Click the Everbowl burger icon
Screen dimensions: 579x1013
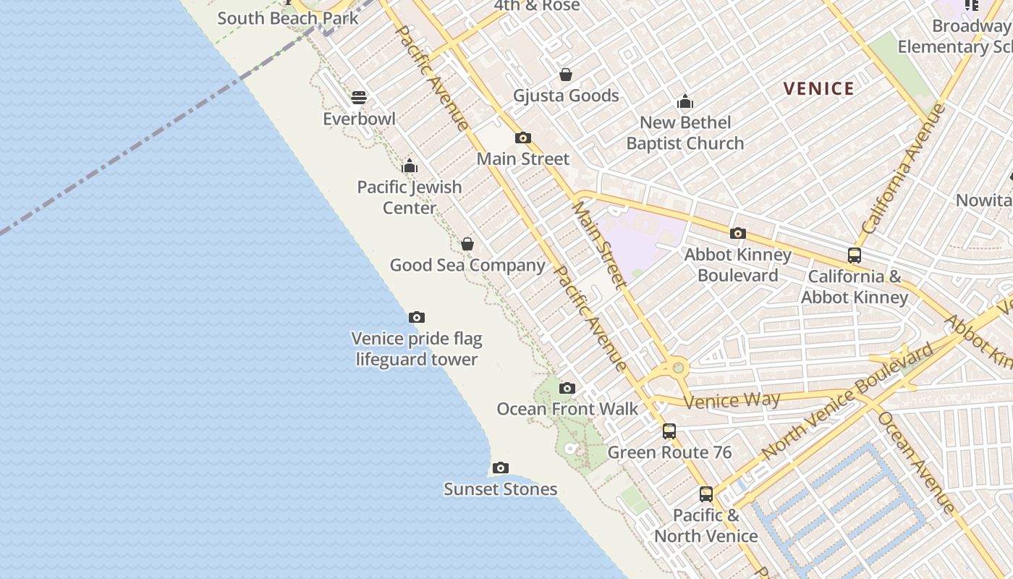coord(359,98)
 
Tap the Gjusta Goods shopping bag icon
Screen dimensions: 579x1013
coord(566,75)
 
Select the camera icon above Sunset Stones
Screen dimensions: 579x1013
coord(500,468)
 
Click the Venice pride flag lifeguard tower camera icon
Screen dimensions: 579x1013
coord(417,317)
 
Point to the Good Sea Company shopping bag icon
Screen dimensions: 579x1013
coord(467,244)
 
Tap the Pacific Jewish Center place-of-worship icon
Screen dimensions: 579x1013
coord(410,166)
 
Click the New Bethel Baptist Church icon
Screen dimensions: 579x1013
coord(684,101)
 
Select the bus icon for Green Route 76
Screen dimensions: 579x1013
coord(669,431)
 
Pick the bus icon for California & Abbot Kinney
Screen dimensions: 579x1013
coord(855,255)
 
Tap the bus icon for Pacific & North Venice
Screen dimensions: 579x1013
coord(706,494)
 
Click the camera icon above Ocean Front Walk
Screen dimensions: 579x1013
coord(567,389)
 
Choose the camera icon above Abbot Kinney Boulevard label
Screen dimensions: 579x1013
coord(738,233)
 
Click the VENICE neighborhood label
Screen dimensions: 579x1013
coord(819,89)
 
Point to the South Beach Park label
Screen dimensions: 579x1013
coord(288,18)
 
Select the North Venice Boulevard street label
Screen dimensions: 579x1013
coord(847,401)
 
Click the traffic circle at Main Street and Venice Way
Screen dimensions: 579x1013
coord(678,368)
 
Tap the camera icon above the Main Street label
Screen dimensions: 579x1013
coord(523,138)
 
